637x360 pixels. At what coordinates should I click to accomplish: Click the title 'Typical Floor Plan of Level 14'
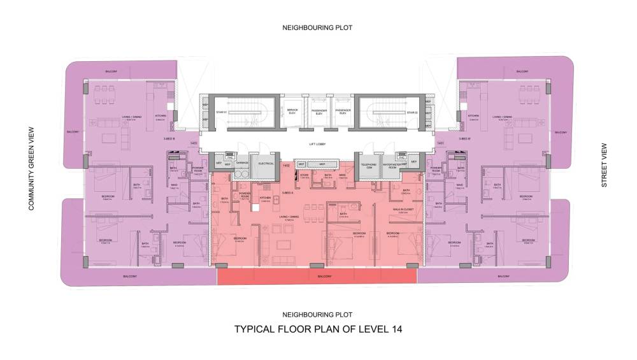[x=318, y=329]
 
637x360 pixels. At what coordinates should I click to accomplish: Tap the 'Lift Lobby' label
[x=317, y=146]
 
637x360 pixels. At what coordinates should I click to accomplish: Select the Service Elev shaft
[x=292, y=112]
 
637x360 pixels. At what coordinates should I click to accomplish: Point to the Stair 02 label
[x=412, y=112]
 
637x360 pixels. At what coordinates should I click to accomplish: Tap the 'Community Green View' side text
[x=30, y=168]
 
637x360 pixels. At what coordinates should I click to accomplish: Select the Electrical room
[x=266, y=164]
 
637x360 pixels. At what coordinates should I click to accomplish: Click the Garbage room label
[x=241, y=162]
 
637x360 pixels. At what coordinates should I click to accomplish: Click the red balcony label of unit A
[x=317, y=277]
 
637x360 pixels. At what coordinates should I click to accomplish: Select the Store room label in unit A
[x=304, y=175]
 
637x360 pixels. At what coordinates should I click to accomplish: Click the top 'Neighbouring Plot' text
[x=317, y=28]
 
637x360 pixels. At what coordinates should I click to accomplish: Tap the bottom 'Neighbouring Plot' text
[x=317, y=315]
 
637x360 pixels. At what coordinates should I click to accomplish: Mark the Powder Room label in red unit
[x=245, y=196]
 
